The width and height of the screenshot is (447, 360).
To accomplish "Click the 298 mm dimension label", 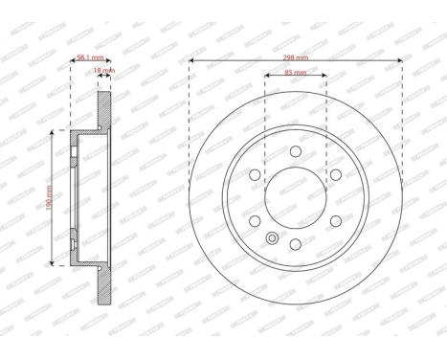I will (x=296, y=58).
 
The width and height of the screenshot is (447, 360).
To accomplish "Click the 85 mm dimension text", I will (x=296, y=72).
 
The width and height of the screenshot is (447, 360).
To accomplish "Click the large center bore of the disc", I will (x=296, y=198).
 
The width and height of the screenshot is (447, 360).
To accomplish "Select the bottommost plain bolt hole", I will (x=296, y=248).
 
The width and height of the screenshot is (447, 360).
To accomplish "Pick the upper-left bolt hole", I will (x=253, y=173).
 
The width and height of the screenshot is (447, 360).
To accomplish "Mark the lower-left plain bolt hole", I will (x=253, y=223).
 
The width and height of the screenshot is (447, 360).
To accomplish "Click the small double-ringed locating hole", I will (x=272, y=239).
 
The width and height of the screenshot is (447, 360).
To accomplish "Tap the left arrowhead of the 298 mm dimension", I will (x=192, y=62).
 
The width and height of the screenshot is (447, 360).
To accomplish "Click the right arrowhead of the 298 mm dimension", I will (x=399, y=62).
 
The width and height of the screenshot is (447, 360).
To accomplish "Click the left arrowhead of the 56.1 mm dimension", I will (x=74, y=62).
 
